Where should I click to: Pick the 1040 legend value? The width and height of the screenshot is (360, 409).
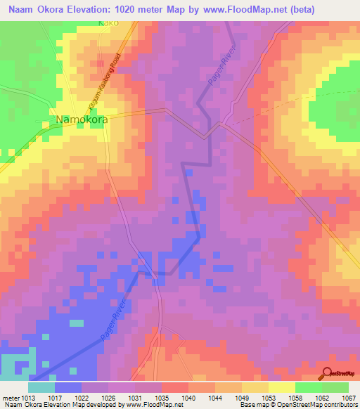[188, 397]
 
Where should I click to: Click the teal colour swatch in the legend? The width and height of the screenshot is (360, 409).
[41, 387]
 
